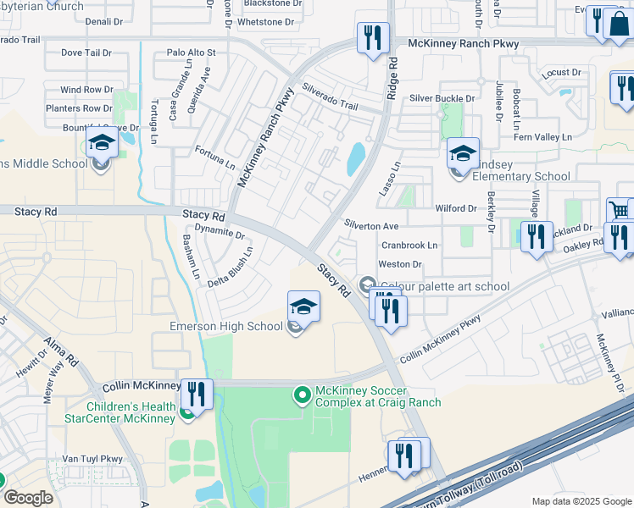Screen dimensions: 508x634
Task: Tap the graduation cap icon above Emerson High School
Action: [x=304, y=306]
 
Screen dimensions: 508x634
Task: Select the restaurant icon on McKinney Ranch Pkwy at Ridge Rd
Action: [x=374, y=38]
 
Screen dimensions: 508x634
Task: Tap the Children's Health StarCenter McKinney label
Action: [x=120, y=411]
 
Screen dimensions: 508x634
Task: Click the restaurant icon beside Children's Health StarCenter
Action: [x=197, y=395]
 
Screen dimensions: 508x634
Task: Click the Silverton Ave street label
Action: [x=370, y=226]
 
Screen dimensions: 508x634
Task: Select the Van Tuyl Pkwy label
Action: [x=94, y=458]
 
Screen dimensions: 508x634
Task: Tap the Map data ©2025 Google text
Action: [x=581, y=501]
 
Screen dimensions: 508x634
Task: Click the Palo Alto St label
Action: [x=192, y=52]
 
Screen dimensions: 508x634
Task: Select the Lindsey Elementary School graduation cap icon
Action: [x=463, y=153]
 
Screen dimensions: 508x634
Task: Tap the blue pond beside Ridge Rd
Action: [x=355, y=159]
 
